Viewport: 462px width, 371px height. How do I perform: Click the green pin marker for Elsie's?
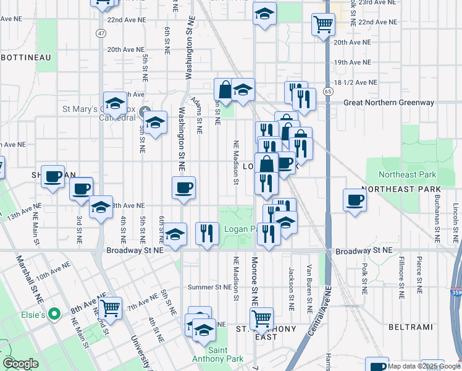pos(54,314)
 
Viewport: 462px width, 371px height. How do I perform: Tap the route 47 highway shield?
pos(101,32)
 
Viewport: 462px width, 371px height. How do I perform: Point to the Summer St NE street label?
pos(209,287)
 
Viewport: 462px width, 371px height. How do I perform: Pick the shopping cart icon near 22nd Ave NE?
pos(323,25)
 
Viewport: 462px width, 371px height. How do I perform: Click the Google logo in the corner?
pos(20,364)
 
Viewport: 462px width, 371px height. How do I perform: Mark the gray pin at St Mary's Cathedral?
pos(146,112)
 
